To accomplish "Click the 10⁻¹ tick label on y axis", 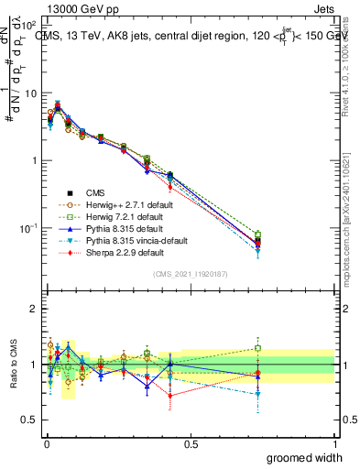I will (x=27, y=227).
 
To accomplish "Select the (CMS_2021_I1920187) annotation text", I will (x=191, y=274).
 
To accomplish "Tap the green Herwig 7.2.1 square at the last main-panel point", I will (x=258, y=235).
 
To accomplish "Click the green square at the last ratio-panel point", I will (x=258, y=348).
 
